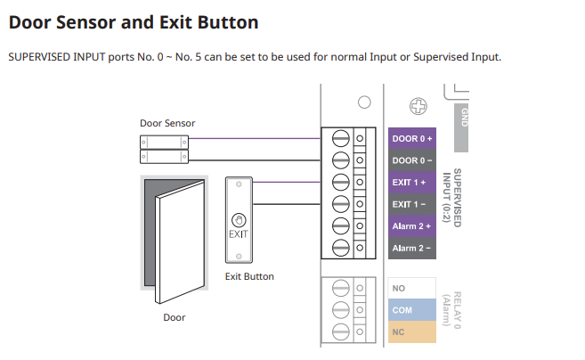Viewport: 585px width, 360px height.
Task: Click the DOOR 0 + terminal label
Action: pos(411,139)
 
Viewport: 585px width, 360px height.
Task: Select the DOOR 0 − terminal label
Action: pos(411,160)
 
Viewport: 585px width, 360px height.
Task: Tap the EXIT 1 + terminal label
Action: pos(411,182)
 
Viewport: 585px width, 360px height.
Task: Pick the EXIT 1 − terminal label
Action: pos(411,204)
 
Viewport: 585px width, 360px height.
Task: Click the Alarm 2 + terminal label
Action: pos(411,225)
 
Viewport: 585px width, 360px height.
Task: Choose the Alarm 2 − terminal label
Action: pos(411,248)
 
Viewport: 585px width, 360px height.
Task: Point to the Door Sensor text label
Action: pos(167,123)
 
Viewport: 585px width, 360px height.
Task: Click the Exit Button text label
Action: pos(249,276)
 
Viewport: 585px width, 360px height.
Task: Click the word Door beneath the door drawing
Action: pos(174,316)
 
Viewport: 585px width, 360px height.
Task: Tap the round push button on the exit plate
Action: pos(238,218)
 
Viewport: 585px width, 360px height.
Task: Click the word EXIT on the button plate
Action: pos(238,234)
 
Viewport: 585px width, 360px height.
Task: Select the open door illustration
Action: pos(174,236)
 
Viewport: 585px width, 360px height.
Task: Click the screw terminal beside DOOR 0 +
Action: pos(339,139)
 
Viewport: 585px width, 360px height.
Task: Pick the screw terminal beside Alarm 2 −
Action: pos(339,248)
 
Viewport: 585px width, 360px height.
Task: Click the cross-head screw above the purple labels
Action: pos(414,106)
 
